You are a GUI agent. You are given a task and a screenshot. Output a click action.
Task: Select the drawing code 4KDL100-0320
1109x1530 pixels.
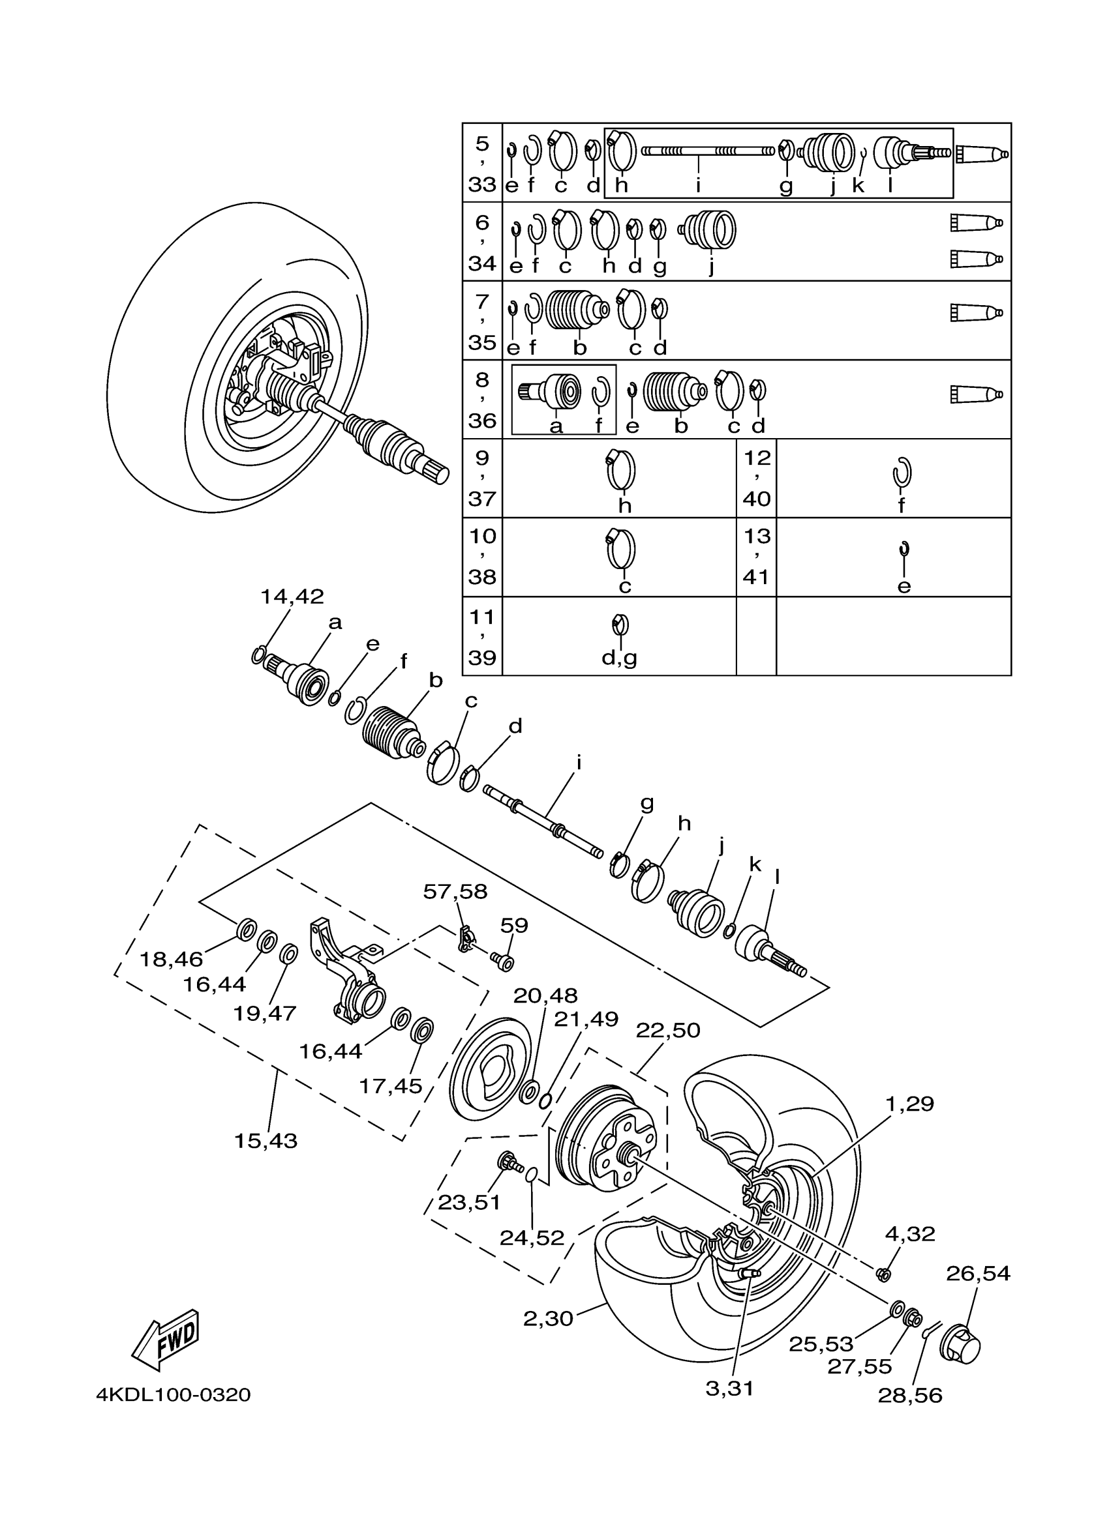click(174, 1395)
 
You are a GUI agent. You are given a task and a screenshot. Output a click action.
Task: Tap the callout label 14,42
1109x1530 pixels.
click(292, 596)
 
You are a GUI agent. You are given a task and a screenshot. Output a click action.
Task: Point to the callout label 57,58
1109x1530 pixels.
click(455, 891)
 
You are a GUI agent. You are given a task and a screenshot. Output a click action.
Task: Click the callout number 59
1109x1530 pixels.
click(514, 925)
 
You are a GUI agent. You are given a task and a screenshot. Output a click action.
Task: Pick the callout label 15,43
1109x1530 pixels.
click(266, 1141)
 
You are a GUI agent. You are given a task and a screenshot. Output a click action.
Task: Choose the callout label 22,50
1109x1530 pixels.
click(668, 1030)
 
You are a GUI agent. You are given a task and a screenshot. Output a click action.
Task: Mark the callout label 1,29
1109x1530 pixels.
click(910, 1104)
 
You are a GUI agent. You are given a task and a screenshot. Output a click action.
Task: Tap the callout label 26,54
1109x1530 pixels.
click(978, 1274)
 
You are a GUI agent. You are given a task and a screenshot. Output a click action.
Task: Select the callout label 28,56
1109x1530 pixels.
click(910, 1396)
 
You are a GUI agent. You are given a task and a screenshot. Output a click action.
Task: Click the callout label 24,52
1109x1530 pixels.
click(532, 1238)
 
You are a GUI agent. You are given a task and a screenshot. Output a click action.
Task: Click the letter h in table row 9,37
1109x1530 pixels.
click(625, 505)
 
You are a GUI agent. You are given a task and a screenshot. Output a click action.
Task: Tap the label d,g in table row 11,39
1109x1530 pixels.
click(619, 658)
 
